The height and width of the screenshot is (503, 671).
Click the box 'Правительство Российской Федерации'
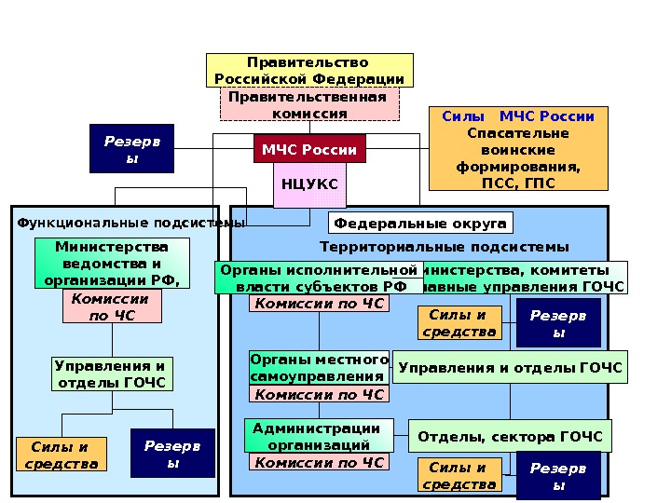click(x=309, y=71)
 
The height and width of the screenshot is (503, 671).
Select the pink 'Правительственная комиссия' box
click(x=309, y=104)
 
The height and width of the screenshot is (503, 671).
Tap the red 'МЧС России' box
click(x=309, y=149)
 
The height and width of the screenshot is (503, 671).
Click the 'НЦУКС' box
click(x=309, y=184)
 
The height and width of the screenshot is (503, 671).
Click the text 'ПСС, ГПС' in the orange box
click(x=517, y=183)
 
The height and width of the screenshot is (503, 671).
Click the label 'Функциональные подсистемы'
click(x=130, y=224)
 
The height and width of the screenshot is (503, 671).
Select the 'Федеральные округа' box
click(x=420, y=224)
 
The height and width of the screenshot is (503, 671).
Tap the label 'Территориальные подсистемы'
click(x=444, y=247)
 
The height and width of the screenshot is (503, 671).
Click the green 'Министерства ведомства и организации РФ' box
click(x=112, y=263)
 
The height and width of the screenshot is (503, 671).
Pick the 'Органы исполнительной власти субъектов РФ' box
click(x=317, y=278)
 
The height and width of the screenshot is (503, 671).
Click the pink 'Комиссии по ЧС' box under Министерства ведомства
click(x=110, y=306)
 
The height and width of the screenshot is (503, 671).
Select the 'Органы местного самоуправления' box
click(x=319, y=367)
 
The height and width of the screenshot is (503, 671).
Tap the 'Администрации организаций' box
click(x=317, y=436)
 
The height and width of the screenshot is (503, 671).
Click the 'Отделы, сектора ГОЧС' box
click(x=510, y=436)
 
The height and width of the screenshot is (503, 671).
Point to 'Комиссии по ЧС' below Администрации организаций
click(x=320, y=463)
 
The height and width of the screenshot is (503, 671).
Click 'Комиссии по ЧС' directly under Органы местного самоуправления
click(x=320, y=395)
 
